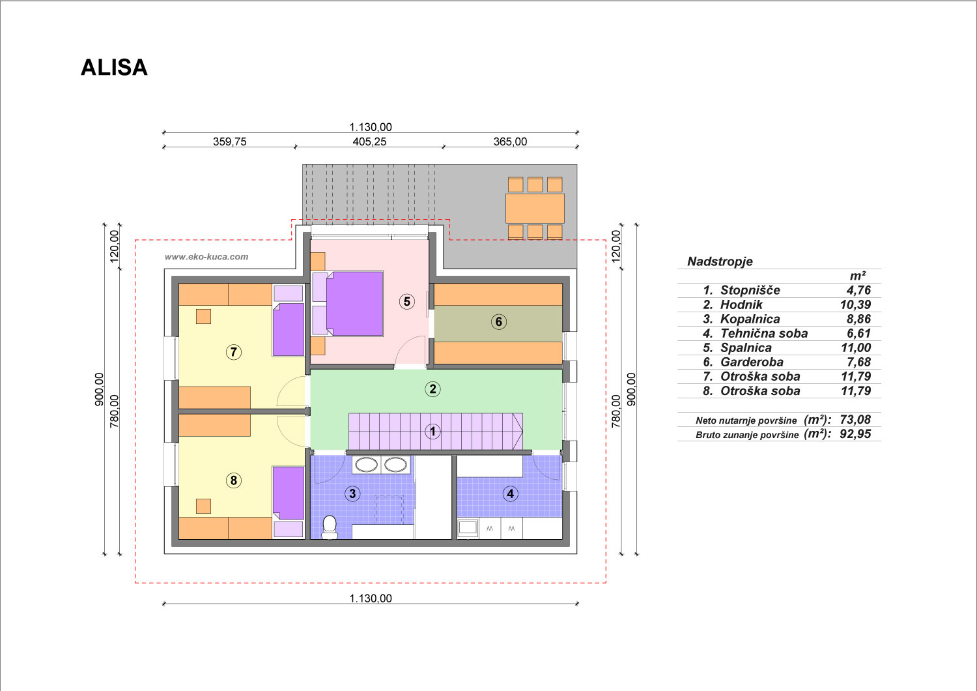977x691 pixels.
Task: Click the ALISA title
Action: (114, 67)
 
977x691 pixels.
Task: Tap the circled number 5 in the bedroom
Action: (407, 301)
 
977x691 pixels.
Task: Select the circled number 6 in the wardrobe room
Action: (498, 322)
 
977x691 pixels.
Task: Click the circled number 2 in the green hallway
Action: (432, 389)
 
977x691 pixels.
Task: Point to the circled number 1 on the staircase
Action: (432, 432)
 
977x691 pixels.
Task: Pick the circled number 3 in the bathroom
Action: (352, 493)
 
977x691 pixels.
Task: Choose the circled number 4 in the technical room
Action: (510, 493)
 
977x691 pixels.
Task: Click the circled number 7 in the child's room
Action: (234, 352)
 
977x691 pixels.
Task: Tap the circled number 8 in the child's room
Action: (234, 480)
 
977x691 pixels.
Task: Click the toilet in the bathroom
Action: (330, 527)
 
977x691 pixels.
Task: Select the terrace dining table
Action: (535, 209)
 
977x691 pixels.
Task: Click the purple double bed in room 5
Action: (354, 303)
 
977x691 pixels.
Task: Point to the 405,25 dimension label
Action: (369, 142)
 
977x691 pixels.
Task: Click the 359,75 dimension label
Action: (230, 142)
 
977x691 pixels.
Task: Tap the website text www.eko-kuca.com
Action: (206, 257)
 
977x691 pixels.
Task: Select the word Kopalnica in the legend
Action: (750, 319)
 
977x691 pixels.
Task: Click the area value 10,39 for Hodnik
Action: (855, 304)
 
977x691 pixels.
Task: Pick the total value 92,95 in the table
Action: (855, 434)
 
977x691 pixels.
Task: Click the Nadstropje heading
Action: (720, 261)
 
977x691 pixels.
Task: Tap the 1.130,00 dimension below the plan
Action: (371, 598)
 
